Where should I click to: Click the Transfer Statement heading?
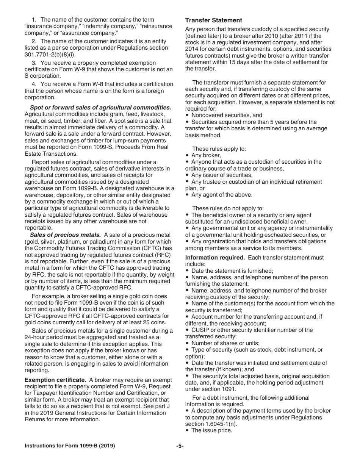point(213,20)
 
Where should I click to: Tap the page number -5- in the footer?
point(180,446)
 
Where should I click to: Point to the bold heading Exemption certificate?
point(55,380)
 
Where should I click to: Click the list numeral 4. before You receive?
point(34,84)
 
